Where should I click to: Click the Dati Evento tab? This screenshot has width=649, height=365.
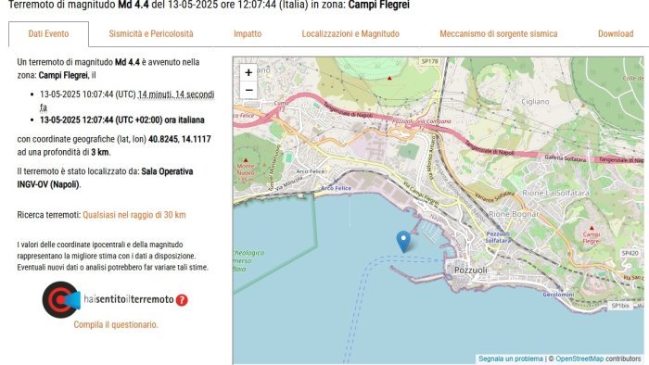click(49, 34)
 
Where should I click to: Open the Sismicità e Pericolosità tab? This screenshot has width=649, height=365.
click(151, 34)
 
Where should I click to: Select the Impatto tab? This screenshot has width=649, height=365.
click(248, 34)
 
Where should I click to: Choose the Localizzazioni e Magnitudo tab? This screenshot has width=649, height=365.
click(350, 34)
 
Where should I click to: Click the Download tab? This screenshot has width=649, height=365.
click(616, 34)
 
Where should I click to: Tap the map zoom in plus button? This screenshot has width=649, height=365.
click(248, 72)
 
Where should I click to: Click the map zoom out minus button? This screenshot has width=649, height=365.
click(248, 90)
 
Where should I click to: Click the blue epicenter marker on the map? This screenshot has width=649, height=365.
click(403, 241)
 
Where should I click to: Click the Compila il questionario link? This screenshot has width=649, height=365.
click(116, 325)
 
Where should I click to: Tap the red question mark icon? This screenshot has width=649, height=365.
click(182, 300)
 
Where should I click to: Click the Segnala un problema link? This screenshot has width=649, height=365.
click(511, 359)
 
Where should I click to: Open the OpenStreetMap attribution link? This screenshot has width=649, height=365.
click(579, 359)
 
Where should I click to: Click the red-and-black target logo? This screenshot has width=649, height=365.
click(60, 299)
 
